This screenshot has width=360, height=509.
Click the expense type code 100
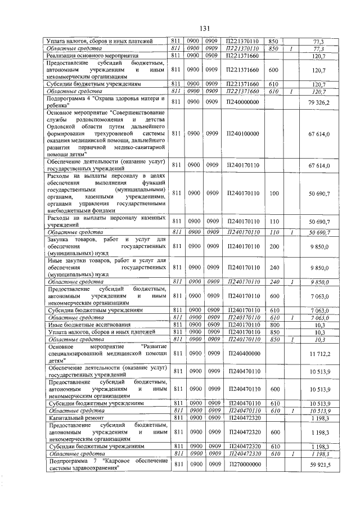(x=274, y=193)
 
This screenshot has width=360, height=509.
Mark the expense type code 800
(x=274, y=325)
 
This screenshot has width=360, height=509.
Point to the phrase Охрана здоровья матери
(x=129, y=98)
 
